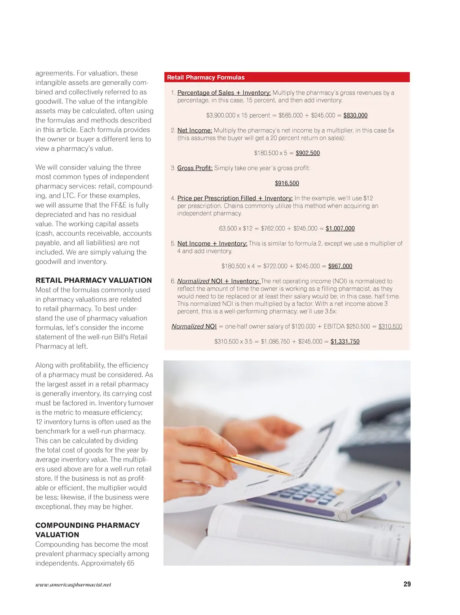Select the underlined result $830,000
[355, 115]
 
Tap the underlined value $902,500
[308, 153]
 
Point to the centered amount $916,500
[287, 183]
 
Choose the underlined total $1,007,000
[340, 228]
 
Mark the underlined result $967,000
[340, 266]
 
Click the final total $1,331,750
[345, 342]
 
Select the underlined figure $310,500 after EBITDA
[390, 326]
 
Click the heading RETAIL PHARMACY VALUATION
[93, 280]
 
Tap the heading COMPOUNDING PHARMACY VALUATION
[87, 530]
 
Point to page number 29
[407, 584]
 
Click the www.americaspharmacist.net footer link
[73, 584]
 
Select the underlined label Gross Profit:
[195, 168]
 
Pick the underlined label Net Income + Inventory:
[212, 243]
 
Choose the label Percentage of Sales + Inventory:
[224, 93]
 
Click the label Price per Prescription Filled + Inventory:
[234, 198]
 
